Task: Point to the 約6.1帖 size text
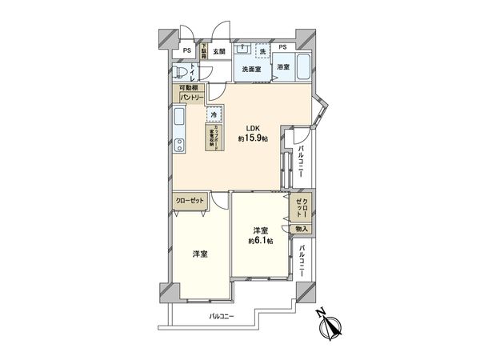[259, 240]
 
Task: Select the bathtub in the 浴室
[306, 68]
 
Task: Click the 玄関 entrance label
[219, 51]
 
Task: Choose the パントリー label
[189, 97]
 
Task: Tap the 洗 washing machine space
[262, 52]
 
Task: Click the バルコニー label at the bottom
[222, 317]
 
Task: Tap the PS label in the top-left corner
[186, 51]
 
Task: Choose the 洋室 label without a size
[199, 254]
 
